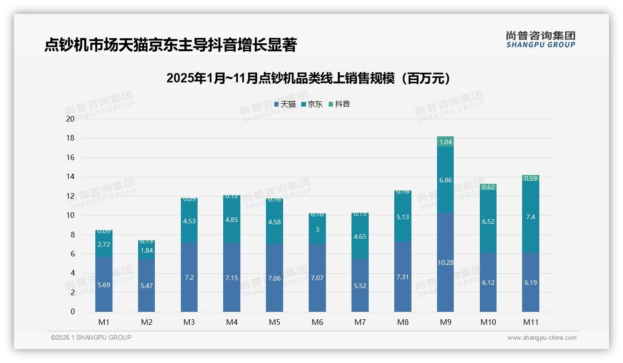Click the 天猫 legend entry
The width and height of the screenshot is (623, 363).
[x=285, y=104]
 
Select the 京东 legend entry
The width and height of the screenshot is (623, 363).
[x=312, y=104]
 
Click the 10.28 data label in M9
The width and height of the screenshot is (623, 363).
[x=445, y=262]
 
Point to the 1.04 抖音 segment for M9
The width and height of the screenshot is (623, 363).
[x=445, y=142]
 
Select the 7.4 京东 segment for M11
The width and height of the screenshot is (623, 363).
[x=530, y=217]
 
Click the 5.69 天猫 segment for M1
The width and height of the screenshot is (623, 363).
[x=104, y=285]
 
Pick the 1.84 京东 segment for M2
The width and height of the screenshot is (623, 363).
[x=146, y=250]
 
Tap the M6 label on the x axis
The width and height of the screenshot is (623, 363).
[x=317, y=322]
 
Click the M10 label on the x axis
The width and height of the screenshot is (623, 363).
[x=488, y=322]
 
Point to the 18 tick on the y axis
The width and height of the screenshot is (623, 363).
[x=70, y=138]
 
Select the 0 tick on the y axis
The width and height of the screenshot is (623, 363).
[x=73, y=312]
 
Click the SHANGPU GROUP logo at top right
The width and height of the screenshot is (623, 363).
[x=540, y=40]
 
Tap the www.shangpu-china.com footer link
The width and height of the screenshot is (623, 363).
[x=542, y=338]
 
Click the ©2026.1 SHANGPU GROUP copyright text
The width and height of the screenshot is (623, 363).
[x=91, y=337]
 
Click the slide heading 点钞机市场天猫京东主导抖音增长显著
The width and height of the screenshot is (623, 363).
[x=170, y=45]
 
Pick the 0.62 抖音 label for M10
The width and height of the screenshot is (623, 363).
[x=488, y=187]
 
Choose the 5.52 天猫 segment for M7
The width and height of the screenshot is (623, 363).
[x=360, y=286]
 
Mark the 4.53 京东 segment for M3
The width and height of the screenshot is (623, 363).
[x=189, y=221]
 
